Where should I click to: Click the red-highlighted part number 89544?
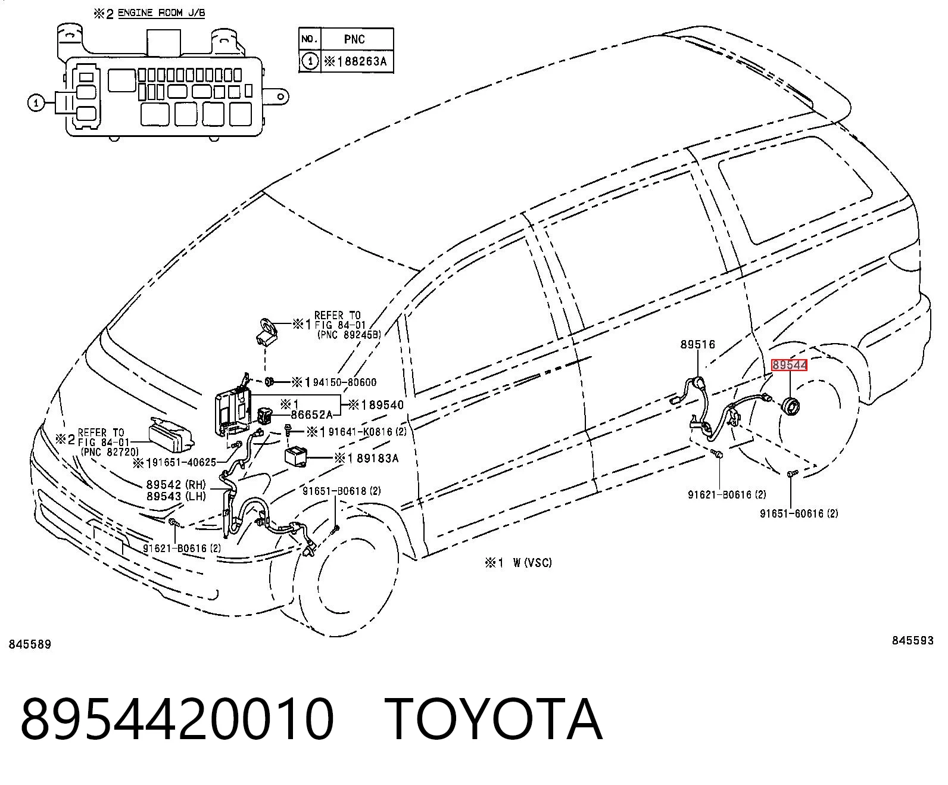[x=789, y=365]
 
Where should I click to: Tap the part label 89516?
[x=697, y=344]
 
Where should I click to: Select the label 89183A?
[x=378, y=459]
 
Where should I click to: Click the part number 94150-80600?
[x=345, y=382]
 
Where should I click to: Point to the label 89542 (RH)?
[x=176, y=485]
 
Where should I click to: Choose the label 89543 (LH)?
[x=176, y=496]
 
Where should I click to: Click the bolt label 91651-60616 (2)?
[x=799, y=514]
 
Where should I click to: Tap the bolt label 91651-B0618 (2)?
[x=342, y=491]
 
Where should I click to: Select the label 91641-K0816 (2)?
[x=367, y=432]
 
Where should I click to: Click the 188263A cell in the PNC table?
[x=357, y=61]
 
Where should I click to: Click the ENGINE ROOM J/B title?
[x=161, y=13]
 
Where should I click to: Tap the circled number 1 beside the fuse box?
[x=36, y=103]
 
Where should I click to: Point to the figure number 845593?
[x=913, y=640]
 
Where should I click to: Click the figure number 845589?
[x=30, y=644]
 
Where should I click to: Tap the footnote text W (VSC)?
[x=532, y=563]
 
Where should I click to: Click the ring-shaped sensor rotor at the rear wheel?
[x=791, y=407]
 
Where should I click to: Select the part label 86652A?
[x=311, y=415]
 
